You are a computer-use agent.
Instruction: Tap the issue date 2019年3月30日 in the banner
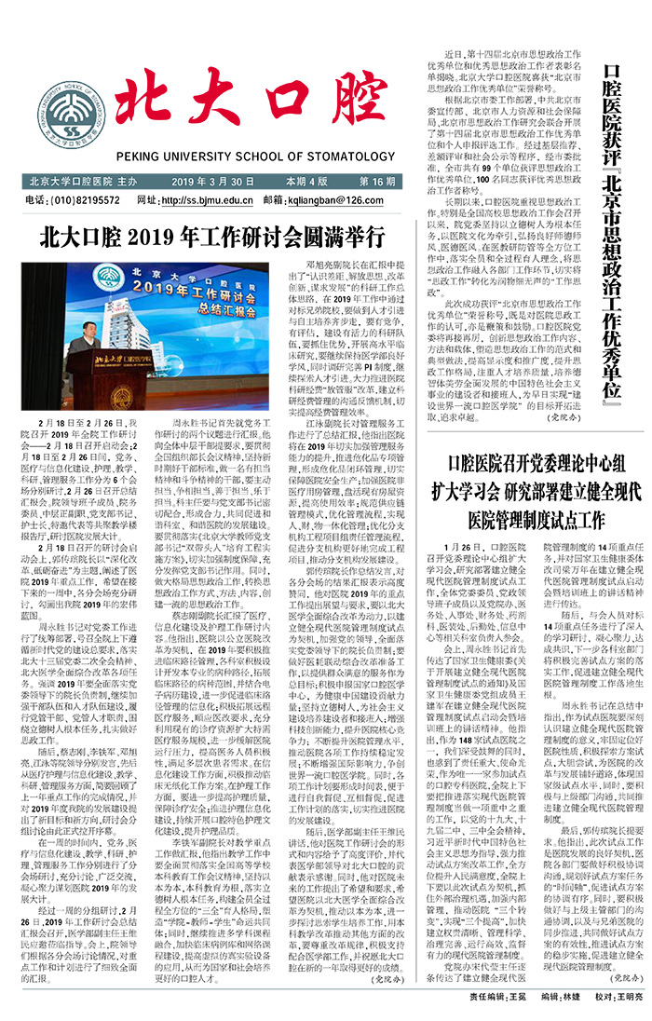pos(213,181)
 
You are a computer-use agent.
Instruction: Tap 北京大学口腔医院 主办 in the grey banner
pos(83,181)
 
